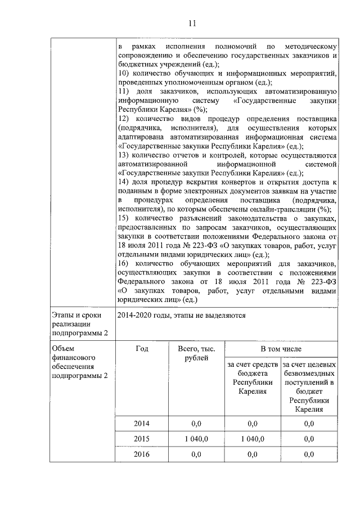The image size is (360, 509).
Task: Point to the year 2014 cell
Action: click(142, 423)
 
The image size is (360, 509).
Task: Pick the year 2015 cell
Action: click(142, 439)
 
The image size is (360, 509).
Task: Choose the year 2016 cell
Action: click(142, 454)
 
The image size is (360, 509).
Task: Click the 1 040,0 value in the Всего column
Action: click(196, 439)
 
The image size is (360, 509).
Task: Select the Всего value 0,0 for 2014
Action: click(196, 423)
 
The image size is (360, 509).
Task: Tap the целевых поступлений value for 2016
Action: click(309, 454)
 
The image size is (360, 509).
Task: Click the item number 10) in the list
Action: click(124, 74)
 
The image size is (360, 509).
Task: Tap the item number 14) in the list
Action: click(124, 183)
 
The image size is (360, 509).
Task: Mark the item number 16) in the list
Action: click(124, 264)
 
